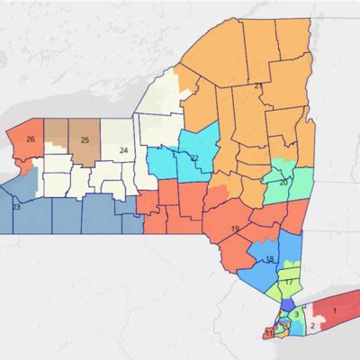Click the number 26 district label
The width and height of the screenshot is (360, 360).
click(31, 139)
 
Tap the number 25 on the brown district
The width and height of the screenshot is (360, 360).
click(85, 139)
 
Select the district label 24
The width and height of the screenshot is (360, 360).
click(123, 149)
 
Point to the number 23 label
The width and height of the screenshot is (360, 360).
click(15, 207)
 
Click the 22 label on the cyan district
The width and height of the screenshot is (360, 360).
click(193, 158)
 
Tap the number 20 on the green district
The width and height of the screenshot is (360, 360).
click(283, 183)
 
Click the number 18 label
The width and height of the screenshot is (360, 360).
click(269, 259)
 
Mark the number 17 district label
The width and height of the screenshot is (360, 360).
click(289, 283)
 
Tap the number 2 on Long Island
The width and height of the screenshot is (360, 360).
click(312, 326)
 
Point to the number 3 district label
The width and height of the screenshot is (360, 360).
click(295, 314)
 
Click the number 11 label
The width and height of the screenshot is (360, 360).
click(269, 333)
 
